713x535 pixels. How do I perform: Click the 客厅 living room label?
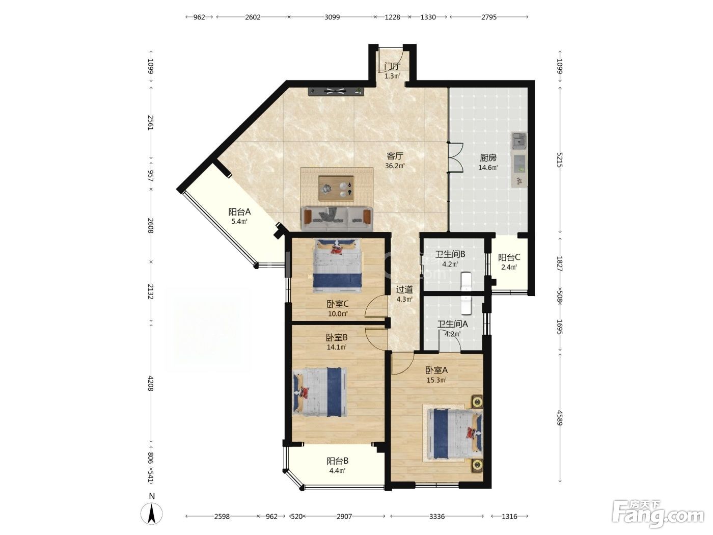[395, 156]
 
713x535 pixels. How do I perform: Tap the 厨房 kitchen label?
[488, 158]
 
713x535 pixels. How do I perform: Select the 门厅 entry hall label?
[392, 66]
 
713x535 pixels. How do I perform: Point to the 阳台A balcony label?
[239, 212]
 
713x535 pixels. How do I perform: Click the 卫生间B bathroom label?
[450, 254]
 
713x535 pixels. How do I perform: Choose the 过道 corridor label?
[404, 289]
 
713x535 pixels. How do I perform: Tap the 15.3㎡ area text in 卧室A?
[436, 380]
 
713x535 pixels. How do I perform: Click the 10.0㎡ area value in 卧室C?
[338, 314]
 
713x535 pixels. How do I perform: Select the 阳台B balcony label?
[338, 461]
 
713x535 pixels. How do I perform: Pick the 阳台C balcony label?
[509, 258]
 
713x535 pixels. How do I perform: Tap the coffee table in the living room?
[336, 189]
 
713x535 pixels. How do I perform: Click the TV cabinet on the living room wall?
[336, 92]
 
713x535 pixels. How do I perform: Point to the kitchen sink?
[519, 140]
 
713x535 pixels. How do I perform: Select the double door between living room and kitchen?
[455, 157]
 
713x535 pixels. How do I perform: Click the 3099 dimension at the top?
[332, 17]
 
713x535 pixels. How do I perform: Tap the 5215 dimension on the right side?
[559, 160]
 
